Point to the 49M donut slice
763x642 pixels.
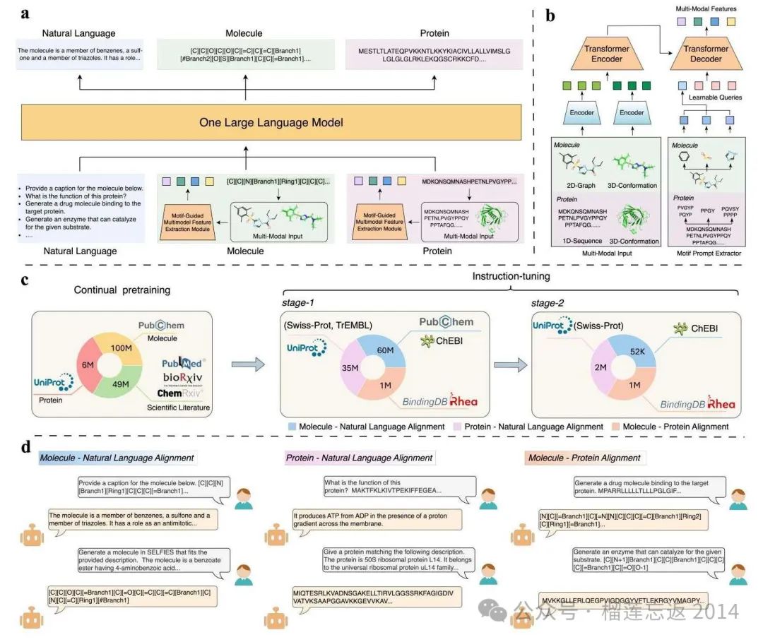click(120, 384)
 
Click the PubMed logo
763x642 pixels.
click(182, 362)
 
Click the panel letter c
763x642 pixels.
click(25, 280)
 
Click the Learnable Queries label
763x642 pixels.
click(714, 97)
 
